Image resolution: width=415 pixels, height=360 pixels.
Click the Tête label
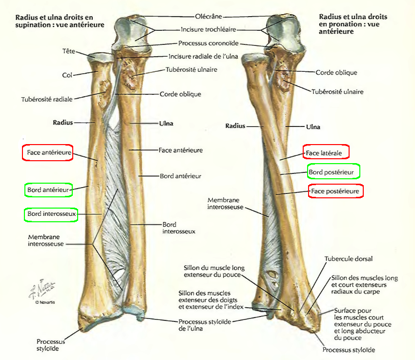click(x=68, y=50)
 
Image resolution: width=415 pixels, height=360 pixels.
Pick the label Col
click(x=67, y=75)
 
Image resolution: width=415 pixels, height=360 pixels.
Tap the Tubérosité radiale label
click(x=47, y=99)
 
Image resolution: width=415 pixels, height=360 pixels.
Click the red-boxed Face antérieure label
click(x=47, y=153)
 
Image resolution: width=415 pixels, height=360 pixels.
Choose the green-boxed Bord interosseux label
click(x=51, y=214)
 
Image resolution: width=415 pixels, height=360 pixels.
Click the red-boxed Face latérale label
click(x=326, y=153)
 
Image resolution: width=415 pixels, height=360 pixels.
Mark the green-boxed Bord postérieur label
click(x=333, y=171)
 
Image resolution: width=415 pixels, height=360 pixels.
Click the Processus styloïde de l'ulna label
click(x=204, y=325)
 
